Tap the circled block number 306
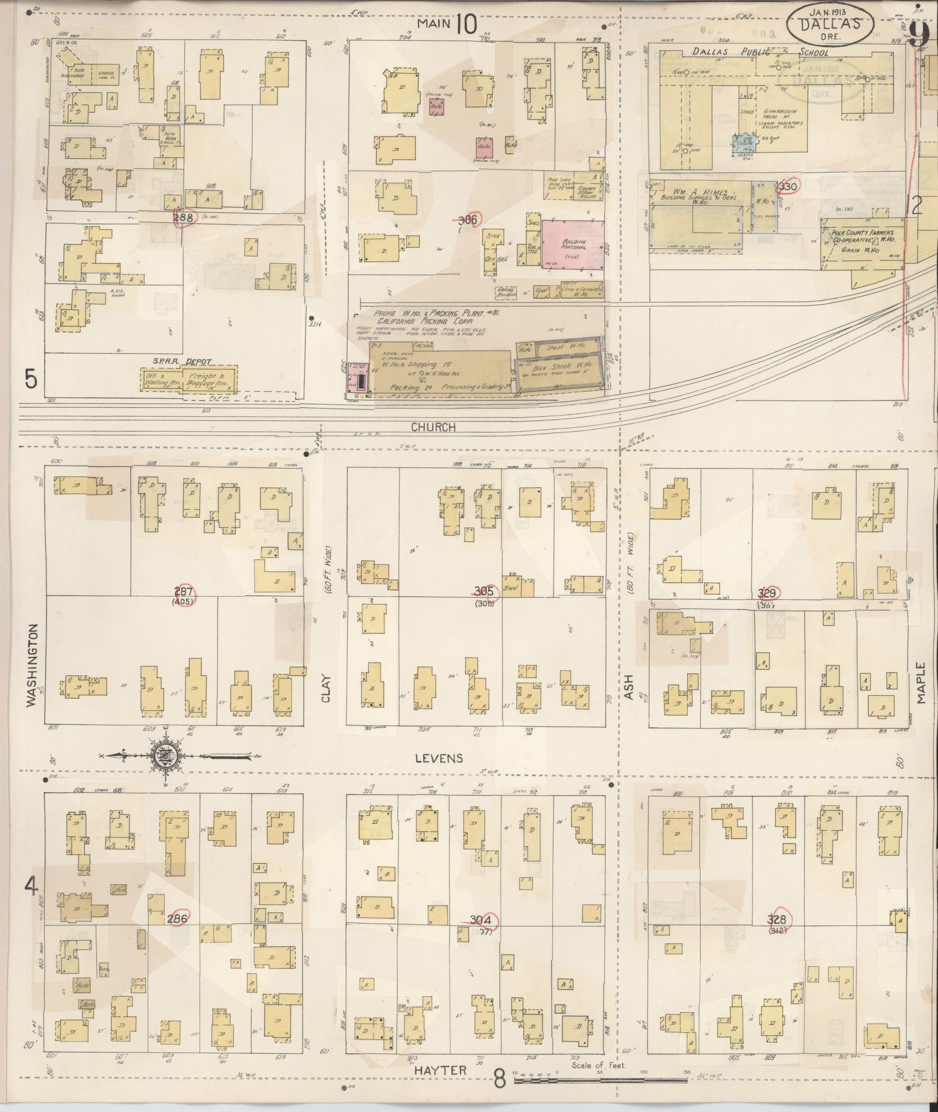point(468,220)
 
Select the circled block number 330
point(789,187)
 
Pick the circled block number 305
point(484,591)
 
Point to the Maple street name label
point(921,683)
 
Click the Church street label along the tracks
point(433,427)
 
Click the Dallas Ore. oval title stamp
point(830,24)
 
